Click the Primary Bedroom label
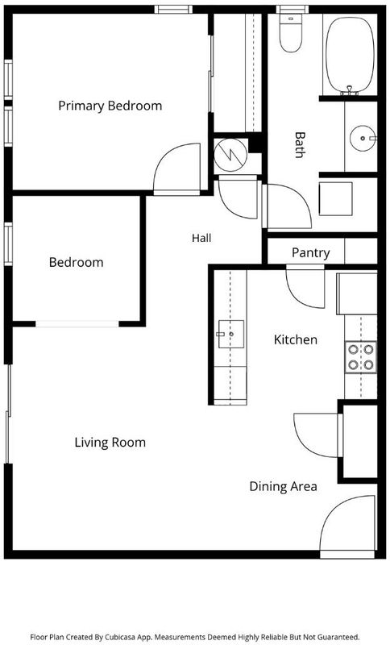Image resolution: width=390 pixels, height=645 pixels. [110, 106]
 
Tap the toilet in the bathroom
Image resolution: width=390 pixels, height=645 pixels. [291, 32]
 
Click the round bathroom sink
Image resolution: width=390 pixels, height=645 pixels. [363, 138]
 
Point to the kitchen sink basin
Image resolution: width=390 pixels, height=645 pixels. [231, 334]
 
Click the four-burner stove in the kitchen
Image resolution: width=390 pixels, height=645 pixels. [361, 357]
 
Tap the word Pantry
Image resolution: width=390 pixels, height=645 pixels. [311, 252]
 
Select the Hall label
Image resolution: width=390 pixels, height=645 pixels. [201, 238]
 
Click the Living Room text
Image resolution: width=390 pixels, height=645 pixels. [110, 443]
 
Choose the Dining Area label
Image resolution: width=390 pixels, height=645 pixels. [283, 487]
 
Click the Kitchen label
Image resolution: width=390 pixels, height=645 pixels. [296, 339]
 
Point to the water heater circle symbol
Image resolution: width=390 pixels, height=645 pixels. [231, 155]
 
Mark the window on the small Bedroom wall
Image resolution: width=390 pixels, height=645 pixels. [8, 243]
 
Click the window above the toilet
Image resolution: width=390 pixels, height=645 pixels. [292, 9]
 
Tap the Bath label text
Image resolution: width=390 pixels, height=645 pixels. [300, 145]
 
